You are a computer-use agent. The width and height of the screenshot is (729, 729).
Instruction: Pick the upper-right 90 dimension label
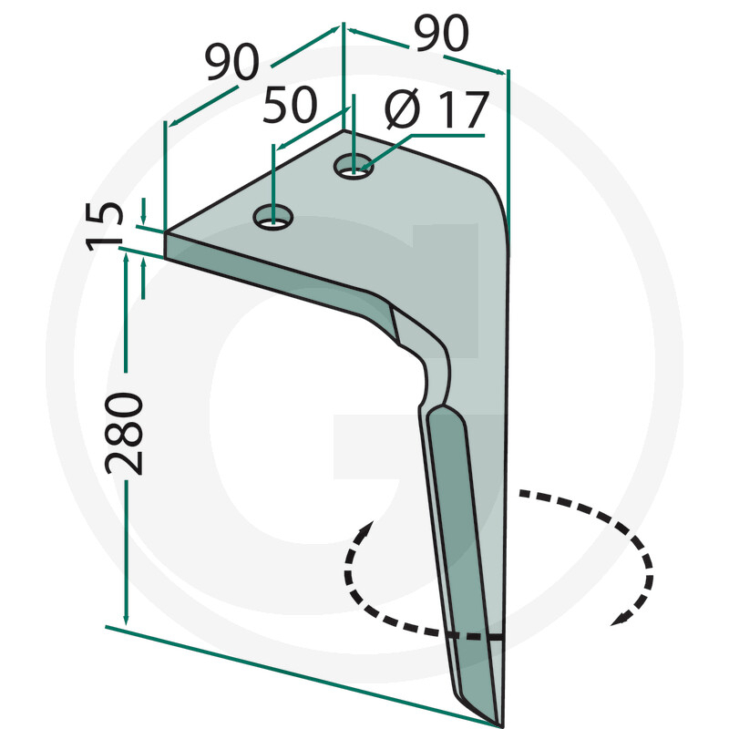(x=442, y=35)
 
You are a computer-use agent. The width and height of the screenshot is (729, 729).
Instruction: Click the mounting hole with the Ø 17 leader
(x=354, y=166)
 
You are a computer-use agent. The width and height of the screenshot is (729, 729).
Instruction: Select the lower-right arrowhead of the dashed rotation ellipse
(x=622, y=620)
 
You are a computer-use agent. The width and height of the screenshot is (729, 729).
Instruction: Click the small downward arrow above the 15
(x=143, y=219)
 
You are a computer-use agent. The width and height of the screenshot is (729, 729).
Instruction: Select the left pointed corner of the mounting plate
(x=166, y=232)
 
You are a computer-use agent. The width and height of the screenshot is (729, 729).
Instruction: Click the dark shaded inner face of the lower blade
(x=456, y=510)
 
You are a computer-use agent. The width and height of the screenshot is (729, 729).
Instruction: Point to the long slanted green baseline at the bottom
(x=301, y=674)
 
